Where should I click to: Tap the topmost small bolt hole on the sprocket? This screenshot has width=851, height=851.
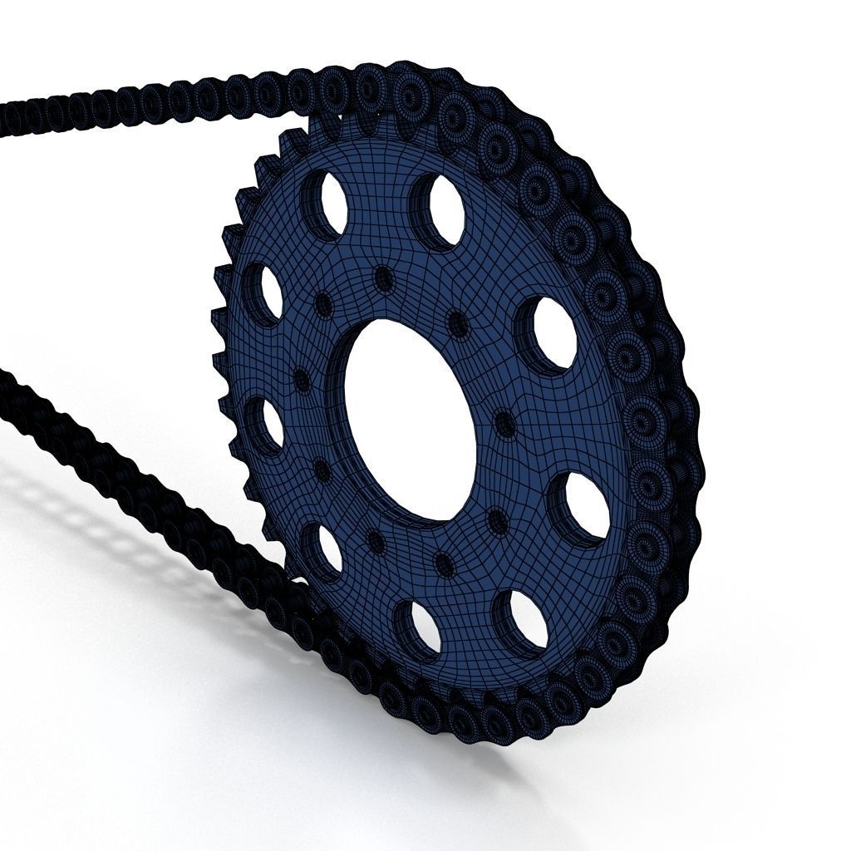383,278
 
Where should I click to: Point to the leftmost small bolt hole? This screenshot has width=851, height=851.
303,381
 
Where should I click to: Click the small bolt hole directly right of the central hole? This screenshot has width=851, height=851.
504,424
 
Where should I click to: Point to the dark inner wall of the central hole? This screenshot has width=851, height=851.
353,399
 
